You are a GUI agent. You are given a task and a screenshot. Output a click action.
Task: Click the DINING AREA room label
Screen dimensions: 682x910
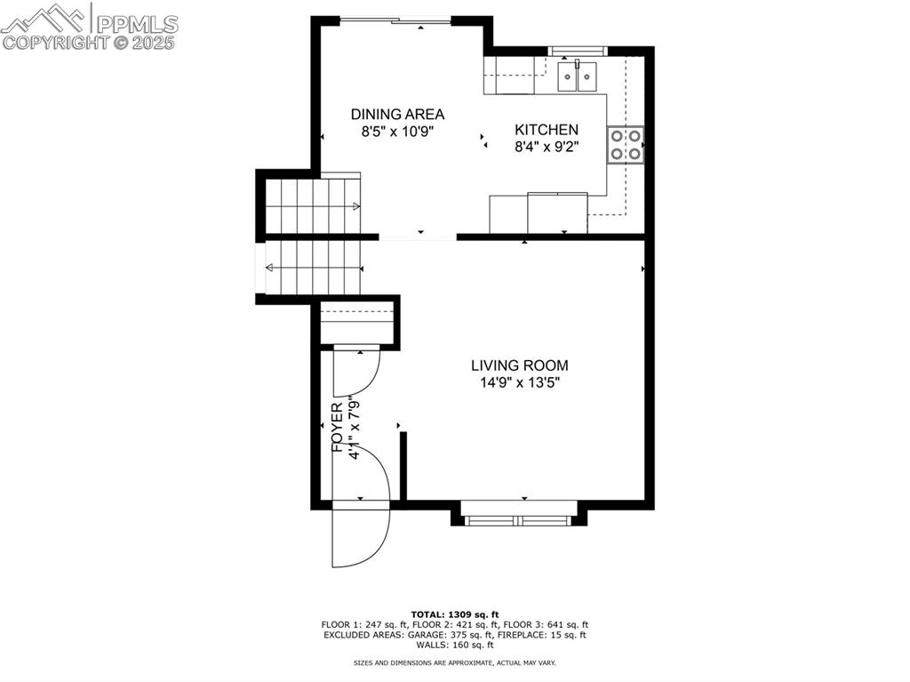pyautogui.click(x=397, y=114)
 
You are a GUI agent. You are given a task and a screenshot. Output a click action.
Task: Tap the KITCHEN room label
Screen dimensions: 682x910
pyautogui.click(x=547, y=130)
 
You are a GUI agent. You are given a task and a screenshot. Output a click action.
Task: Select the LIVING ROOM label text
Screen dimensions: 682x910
pyautogui.click(x=519, y=365)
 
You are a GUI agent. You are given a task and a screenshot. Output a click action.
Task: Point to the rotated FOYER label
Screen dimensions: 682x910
pyautogui.click(x=338, y=428)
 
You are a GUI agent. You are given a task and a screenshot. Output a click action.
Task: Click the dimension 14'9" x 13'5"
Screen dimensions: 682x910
pyautogui.click(x=519, y=383)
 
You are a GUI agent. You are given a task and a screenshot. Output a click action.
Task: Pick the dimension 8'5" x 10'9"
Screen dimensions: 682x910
pyautogui.click(x=397, y=132)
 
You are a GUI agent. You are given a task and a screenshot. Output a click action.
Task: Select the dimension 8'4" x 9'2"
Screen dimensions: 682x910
pyautogui.click(x=547, y=148)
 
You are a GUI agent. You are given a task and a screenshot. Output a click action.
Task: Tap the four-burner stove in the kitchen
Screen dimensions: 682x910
pyautogui.click(x=626, y=145)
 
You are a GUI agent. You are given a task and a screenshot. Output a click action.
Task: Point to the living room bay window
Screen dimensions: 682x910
pyautogui.click(x=520, y=519)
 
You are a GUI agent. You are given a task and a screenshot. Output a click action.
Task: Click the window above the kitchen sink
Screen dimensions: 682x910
pyautogui.click(x=578, y=50)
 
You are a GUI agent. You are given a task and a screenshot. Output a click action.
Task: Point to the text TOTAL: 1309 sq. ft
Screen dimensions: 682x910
pyautogui.click(x=455, y=614)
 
